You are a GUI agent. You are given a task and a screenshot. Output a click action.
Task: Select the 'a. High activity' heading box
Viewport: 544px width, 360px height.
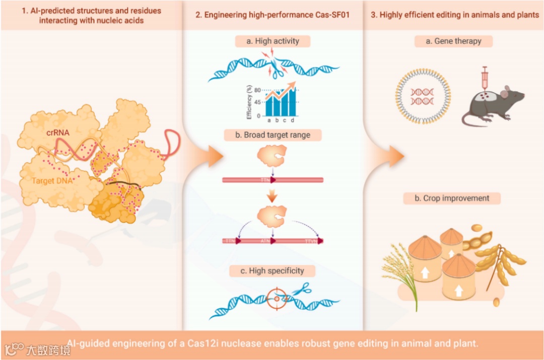272,41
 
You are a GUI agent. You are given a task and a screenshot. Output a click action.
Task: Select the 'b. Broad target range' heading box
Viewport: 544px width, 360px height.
273,135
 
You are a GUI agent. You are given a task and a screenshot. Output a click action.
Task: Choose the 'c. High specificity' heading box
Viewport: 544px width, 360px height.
273,270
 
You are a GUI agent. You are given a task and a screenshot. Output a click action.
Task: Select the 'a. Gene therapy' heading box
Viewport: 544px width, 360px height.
453,41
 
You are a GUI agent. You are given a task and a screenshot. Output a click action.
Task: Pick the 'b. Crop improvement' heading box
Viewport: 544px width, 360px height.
452,198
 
